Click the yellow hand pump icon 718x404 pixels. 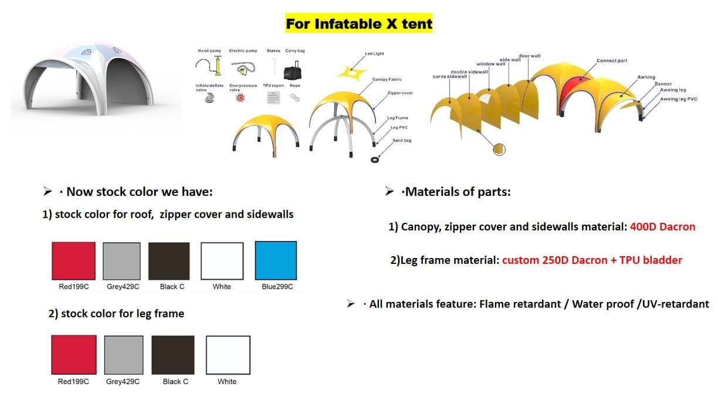(x=218, y=66)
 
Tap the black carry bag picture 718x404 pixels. (x=292, y=72)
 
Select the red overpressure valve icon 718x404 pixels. (x=239, y=99)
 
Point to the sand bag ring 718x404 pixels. (x=375, y=159)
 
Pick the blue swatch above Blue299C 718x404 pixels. (x=276, y=260)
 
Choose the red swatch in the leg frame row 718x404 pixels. (x=73, y=355)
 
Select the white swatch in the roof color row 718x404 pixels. (x=222, y=261)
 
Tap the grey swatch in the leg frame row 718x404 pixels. (x=124, y=355)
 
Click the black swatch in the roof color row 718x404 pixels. (x=169, y=261)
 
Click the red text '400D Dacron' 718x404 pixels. (x=662, y=226)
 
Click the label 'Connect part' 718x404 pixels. (x=611, y=61)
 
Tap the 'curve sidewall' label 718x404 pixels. (x=450, y=76)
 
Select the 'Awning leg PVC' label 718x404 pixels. (x=679, y=99)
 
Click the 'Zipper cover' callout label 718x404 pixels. (x=399, y=93)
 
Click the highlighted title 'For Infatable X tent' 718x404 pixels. (x=358, y=24)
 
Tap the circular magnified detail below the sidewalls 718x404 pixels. (x=500, y=150)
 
